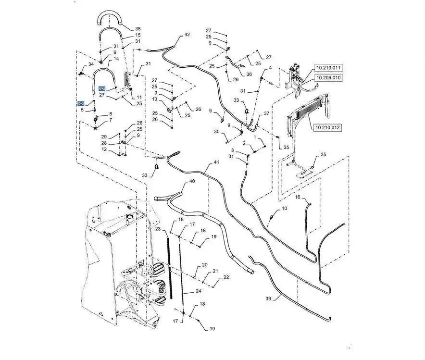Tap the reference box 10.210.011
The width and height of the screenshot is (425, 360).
coord(328,67)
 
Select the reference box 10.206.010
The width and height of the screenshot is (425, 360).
coord(328,77)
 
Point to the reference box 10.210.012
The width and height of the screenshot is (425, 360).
coord(328,128)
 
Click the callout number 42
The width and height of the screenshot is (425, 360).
coord(187,35)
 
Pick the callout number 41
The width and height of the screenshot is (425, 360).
coord(216,162)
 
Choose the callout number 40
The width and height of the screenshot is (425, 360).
coord(192,181)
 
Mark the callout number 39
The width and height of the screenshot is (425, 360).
coord(268,298)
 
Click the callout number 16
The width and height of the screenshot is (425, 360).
coord(298,197)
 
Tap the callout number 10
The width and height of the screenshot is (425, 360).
coord(284,209)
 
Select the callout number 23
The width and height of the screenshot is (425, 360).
coord(158,230)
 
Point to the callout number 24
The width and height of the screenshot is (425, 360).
coord(199,291)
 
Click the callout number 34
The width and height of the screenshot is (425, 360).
coord(91,64)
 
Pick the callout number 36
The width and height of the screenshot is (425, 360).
coord(249,74)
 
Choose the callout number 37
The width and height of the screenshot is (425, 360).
coord(267,114)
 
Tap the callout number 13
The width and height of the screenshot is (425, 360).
coord(155,99)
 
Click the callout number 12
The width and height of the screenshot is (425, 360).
coord(104,149)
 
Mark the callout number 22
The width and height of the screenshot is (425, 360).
coord(225,277)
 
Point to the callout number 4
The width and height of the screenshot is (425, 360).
coord(270,68)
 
